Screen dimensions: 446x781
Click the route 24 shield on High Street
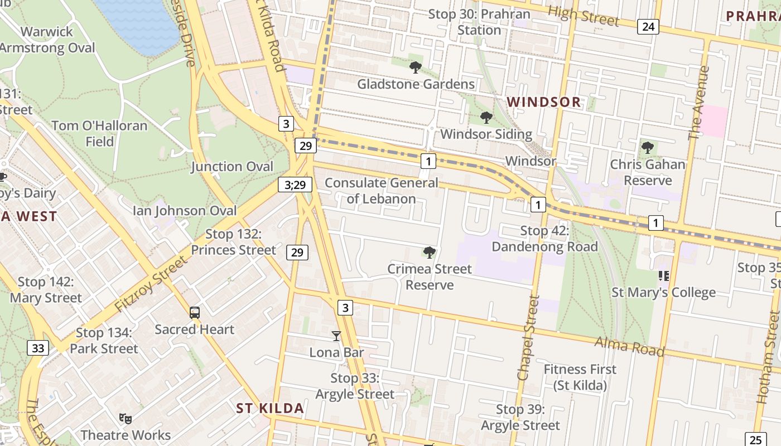pyautogui.click(x=648, y=26)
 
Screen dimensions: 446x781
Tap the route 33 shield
pyautogui.click(x=37, y=348)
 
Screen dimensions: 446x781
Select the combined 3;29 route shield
pyautogui.click(x=295, y=185)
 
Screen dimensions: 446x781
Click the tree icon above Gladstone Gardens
pyautogui.click(x=415, y=68)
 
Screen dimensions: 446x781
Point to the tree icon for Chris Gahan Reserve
pyautogui.click(x=647, y=148)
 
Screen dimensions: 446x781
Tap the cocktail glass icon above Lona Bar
pyautogui.click(x=336, y=336)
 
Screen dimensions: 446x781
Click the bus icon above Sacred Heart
pyautogui.click(x=194, y=313)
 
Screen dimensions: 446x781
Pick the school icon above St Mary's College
pyautogui.click(x=663, y=275)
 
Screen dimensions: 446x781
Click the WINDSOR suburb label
pyautogui.click(x=544, y=102)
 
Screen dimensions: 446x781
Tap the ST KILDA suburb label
pyautogui.click(x=270, y=408)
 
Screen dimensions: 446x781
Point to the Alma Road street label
pyautogui.click(x=629, y=346)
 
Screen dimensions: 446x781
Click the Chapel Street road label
pyautogui.click(x=527, y=338)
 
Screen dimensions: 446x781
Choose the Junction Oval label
pyautogui.click(x=232, y=166)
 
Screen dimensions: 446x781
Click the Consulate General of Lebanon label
pyautogui.click(x=381, y=191)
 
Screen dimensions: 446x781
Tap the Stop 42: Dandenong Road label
pyautogui.click(x=544, y=239)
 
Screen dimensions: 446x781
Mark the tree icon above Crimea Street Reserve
pyautogui.click(x=429, y=253)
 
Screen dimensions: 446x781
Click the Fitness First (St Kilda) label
pyautogui.click(x=580, y=377)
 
